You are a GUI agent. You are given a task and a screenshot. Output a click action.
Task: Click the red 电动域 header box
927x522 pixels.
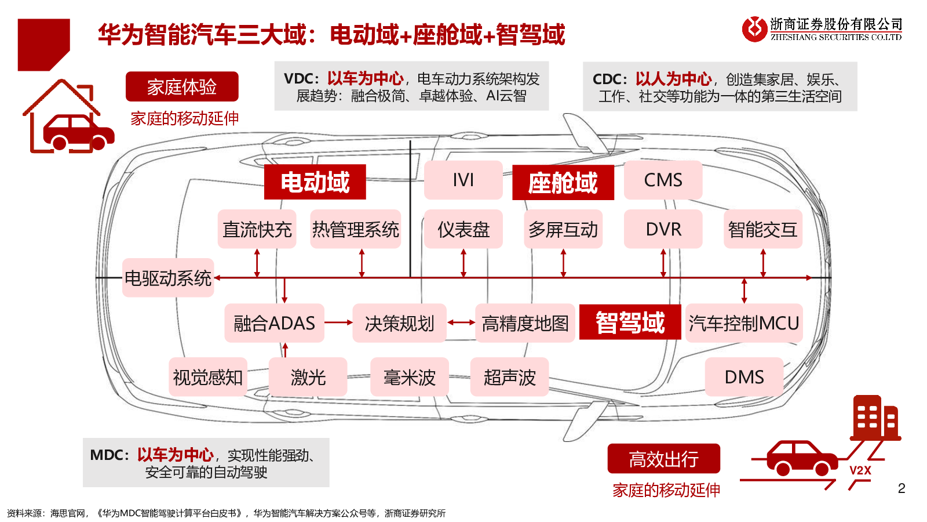315,182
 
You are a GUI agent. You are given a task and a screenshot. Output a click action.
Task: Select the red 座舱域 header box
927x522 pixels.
563,183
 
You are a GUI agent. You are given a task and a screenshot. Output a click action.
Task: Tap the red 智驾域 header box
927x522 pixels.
630,322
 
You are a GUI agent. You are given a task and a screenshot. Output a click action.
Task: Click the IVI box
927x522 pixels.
463,180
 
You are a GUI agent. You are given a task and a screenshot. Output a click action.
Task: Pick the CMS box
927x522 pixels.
663,180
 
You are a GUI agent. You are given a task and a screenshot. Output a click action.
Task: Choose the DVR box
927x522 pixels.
663,229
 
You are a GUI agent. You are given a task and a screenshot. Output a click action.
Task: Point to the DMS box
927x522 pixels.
744,377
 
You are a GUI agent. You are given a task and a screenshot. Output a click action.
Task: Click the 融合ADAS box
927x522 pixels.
274,323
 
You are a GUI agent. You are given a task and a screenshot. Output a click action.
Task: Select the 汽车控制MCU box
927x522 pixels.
744,323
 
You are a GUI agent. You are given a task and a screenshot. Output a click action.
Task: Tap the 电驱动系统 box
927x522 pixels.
168,278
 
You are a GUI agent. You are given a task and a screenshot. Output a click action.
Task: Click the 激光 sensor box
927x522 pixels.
308,377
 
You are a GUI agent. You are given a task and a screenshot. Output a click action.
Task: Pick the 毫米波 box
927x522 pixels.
409,377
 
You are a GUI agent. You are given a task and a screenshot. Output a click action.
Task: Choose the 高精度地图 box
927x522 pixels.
525,323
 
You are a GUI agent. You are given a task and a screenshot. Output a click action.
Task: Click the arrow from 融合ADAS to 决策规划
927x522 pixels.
338,322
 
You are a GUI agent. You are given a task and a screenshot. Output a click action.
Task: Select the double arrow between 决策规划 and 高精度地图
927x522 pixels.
461,322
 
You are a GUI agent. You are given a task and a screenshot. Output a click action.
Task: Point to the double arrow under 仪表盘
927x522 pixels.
463,263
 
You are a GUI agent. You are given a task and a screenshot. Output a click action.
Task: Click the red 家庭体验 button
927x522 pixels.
182,87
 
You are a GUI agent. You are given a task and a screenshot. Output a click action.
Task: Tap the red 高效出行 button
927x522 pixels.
663,459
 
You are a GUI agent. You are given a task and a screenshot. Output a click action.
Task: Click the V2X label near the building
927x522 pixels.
860,470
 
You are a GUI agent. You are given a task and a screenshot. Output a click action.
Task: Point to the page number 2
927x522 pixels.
902,488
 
